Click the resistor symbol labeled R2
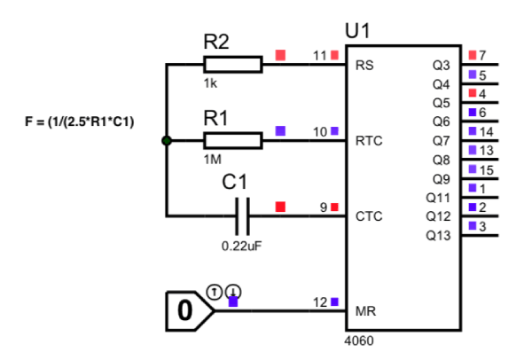(x=232, y=64)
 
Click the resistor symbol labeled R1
(x=232, y=140)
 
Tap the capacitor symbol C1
(x=241, y=215)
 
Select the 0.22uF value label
(x=241, y=245)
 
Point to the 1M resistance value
(x=213, y=160)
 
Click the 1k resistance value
(x=210, y=82)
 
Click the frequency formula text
(x=79, y=121)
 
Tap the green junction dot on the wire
(x=166, y=140)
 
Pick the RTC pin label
(x=368, y=140)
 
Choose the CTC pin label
(x=368, y=215)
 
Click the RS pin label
(x=364, y=65)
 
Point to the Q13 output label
(x=438, y=235)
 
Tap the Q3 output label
(x=441, y=65)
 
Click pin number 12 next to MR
(x=320, y=302)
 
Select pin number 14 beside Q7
(x=486, y=130)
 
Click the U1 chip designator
(x=357, y=32)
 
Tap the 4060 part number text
(x=358, y=340)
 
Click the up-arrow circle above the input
(x=213, y=290)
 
